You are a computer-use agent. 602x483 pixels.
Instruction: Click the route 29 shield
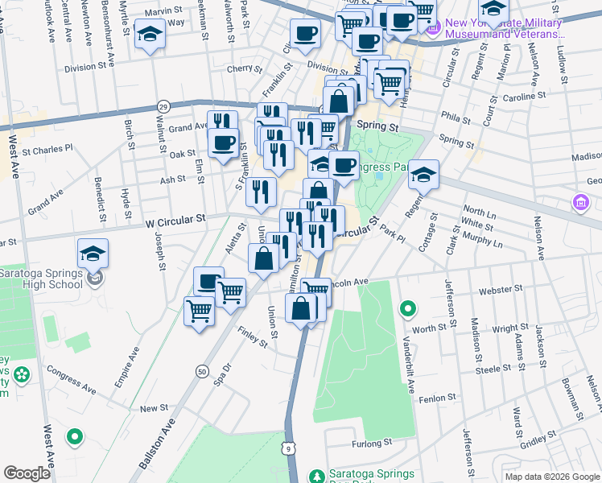[163, 106]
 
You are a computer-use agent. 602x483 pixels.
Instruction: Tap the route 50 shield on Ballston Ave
[200, 371]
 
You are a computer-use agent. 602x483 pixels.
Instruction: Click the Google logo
[27, 473]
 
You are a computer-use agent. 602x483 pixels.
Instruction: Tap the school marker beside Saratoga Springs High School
[93, 254]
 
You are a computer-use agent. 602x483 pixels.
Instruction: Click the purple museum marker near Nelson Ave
[579, 202]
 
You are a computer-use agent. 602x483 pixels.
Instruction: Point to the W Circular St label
[175, 218]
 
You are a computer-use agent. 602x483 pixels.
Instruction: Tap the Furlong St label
[370, 443]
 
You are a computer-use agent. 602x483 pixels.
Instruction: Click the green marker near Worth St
[409, 308]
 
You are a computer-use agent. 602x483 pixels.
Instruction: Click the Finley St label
[252, 336]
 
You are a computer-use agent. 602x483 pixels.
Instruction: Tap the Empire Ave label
[126, 367]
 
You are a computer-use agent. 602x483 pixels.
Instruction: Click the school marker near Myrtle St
[150, 34]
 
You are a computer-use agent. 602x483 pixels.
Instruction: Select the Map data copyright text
[551, 477]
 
